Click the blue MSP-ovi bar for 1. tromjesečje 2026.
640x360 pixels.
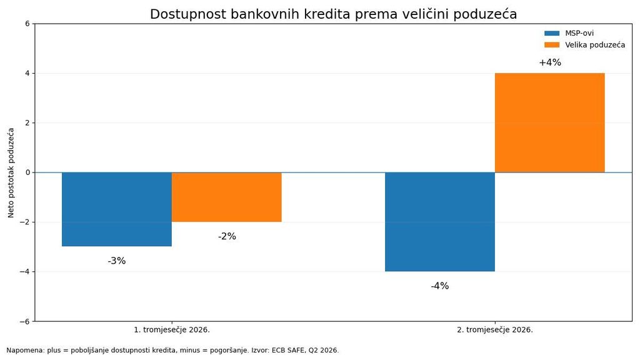(x=117, y=209)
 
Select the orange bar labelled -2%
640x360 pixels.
(x=226, y=197)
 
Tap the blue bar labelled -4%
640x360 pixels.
(x=440, y=222)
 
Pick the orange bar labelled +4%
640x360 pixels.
(x=550, y=123)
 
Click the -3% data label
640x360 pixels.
(x=117, y=261)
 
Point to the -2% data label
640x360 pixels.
(x=227, y=236)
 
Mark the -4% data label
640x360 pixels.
(x=440, y=286)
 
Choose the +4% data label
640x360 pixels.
(x=550, y=62)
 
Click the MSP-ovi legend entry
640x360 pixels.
(x=569, y=34)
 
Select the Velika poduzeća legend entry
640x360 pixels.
(x=584, y=45)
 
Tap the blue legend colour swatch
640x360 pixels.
(x=552, y=34)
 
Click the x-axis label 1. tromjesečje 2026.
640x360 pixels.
(x=172, y=330)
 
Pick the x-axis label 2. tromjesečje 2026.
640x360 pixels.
(x=495, y=330)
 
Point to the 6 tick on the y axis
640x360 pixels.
(x=27, y=24)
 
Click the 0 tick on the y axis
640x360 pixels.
(x=27, y=172)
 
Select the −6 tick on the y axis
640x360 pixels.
(x=25, y=321)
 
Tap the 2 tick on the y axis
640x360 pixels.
(x=27, y=123)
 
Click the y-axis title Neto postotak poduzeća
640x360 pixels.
(x=11, y=172)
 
